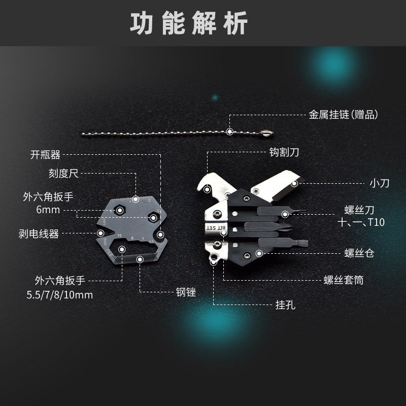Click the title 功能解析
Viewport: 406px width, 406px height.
coord(189,24)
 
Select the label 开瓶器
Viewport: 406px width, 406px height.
coord(45,155)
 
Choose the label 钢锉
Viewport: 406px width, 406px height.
coord(186,292)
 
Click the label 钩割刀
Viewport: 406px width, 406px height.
coord(287,151)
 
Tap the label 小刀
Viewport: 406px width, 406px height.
coord(379,183)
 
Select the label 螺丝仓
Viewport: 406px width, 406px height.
coord(359,253)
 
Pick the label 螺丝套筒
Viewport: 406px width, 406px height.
coord(344,280)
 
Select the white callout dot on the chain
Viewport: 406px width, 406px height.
coord(230,132)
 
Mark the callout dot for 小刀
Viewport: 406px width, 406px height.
coord(294,183)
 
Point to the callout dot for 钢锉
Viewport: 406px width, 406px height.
coord(140,259)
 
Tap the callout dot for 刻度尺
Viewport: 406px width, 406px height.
coord(136,198)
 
